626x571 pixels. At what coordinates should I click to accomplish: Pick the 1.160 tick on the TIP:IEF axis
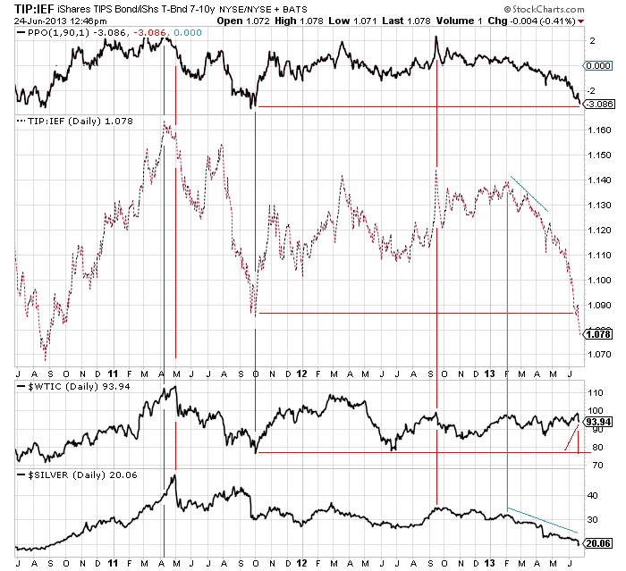[598, 130]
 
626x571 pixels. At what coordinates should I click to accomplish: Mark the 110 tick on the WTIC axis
[593, 392]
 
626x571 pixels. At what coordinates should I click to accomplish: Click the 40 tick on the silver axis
[590, 494]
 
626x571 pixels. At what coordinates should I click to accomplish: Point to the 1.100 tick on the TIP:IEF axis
[598, 281]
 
